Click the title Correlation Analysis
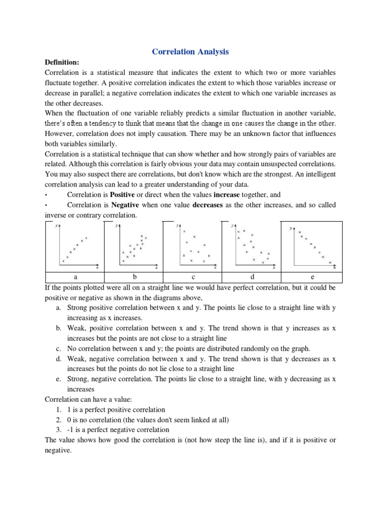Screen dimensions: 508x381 tap(190, 52)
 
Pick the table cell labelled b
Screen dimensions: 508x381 tap(133, 277)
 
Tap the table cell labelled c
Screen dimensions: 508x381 tap(193, 277)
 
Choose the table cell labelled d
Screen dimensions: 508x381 tap(252, 277)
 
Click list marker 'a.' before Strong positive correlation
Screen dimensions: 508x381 tap(59, 308)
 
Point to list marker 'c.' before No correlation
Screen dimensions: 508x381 tap(59, 349)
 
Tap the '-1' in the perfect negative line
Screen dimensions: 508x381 tap(71, 430)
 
